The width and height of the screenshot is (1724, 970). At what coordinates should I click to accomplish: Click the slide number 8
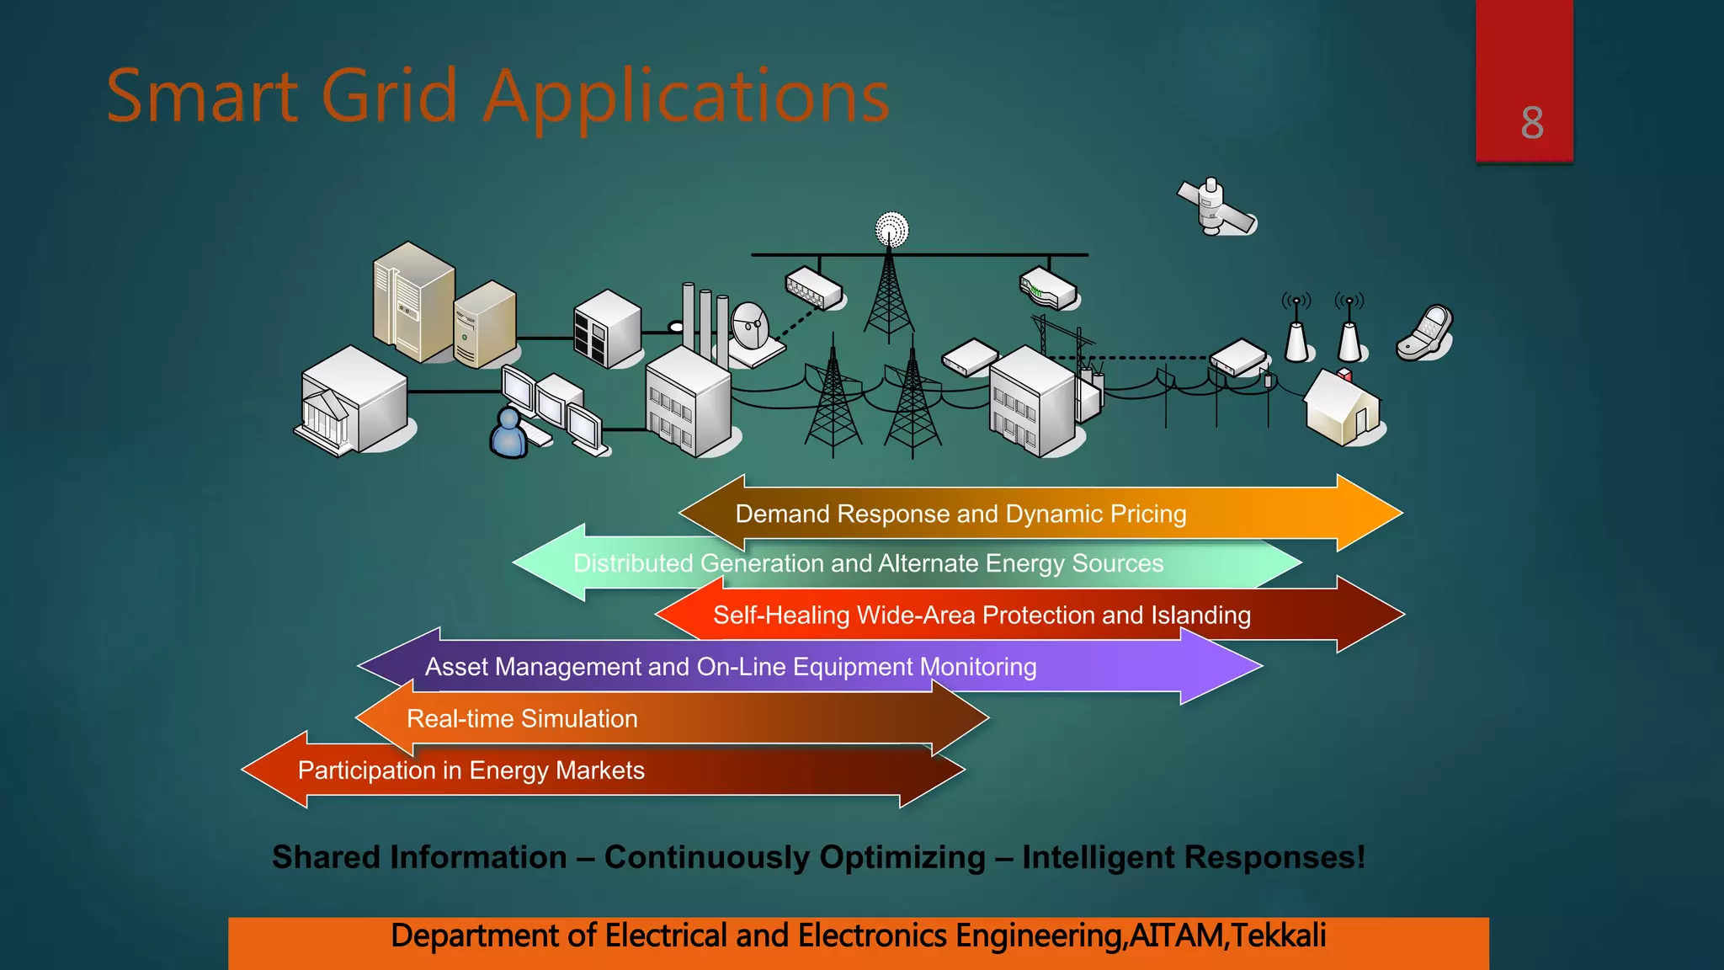1531,123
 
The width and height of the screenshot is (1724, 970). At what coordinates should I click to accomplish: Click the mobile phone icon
1425,333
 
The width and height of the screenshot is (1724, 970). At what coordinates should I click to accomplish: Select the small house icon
1343,408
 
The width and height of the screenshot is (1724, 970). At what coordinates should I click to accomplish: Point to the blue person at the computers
508,433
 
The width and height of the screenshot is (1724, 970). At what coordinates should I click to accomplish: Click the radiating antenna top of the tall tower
891,228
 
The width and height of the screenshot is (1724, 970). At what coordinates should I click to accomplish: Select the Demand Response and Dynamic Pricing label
960,514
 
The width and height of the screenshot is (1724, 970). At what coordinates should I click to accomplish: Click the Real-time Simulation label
522,718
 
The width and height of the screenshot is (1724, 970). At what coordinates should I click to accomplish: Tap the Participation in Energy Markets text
471,770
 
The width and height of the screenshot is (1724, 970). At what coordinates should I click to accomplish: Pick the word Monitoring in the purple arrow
977,667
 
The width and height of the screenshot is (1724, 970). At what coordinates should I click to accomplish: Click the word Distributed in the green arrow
632,563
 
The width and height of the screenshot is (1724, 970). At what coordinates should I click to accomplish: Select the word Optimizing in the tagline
902,857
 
